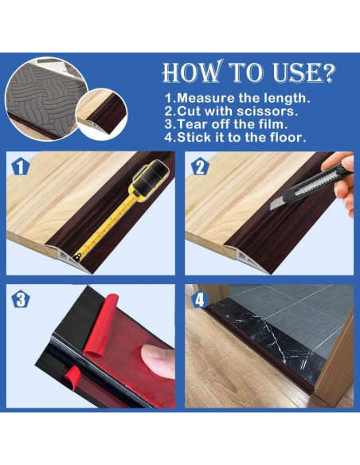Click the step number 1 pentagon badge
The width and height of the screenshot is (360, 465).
click(x=21, y=167)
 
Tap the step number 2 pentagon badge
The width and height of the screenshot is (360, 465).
click(x=200, y=167)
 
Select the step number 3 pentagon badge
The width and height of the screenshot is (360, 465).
click(x=21, y=299)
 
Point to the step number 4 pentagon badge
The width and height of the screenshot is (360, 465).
click(x=200, y=299)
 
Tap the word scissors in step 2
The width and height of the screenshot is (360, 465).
click(x=267, y=111)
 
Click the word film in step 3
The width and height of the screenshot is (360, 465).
click(x=275, y=124)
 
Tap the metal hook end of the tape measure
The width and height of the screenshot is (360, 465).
click(x=78, y=257)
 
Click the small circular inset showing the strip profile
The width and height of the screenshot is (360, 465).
click(x=102, y=114)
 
